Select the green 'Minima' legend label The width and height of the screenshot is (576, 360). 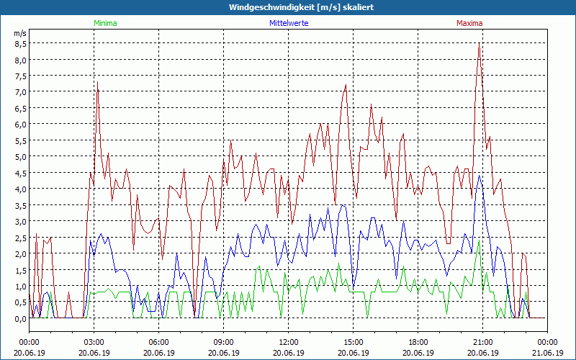click(x=105, y=23)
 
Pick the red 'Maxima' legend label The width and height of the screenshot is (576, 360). click(x=469, y=23)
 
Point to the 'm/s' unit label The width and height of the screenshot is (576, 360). click(x=20, y=33)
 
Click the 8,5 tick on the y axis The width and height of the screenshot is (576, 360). click(x=20, y=43)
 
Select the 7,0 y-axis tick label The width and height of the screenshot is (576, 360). click(x=20, y=91)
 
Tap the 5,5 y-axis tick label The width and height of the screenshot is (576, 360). click(x=20, y=140)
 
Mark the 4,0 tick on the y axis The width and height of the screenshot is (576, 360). click(x=20, y=189)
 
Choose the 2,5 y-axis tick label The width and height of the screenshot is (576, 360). click(x=20, y=238)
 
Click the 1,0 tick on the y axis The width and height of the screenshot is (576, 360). click(x=20, y=286)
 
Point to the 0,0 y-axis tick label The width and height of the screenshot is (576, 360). click(x=20, y=318)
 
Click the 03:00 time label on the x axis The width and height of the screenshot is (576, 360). click(x=94, y=342)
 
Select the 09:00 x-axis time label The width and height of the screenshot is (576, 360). click(x=223, y=342)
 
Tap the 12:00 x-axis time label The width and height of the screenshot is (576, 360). click(x=288, y=342)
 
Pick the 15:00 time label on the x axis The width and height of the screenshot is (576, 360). click(x=353, y=342)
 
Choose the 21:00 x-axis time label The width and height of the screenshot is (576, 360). click(x=482, y=342)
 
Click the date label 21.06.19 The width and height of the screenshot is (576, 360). click(x=547, y=353)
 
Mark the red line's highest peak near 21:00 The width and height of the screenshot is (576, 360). click(x=479, y=44)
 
